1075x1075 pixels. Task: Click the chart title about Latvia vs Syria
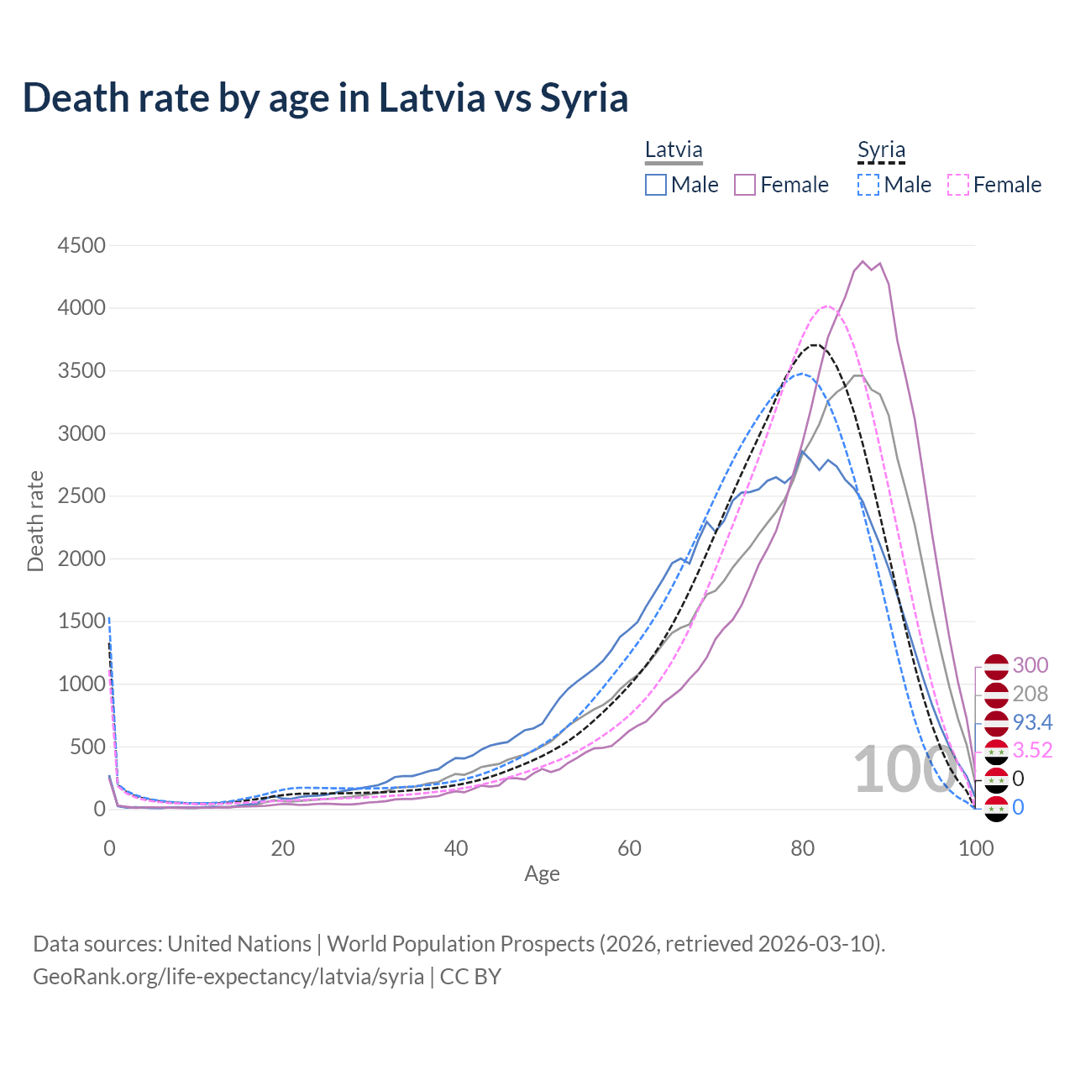[x=325, y=98]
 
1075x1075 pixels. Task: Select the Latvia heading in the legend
[x=674, y=150]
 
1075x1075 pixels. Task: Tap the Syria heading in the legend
[x=881, y=150]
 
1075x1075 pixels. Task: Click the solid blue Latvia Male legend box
[x=656, y=185]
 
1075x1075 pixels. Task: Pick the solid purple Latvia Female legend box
[x=745, y=185]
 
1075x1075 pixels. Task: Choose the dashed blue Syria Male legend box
[x=868, y=185]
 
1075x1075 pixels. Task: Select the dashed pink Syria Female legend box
[x=957, y=185]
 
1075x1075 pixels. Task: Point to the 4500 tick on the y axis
[x=81, y=245]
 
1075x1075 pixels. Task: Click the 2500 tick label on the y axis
[x=81, y=496]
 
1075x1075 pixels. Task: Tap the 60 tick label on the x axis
[x=629, y=848]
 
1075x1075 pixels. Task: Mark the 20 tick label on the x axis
[x=283, y=848]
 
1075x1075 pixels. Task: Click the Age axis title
[x=542, y=874]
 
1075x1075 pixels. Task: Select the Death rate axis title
[x=35, y=522]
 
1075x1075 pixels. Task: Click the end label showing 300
[x=1030, y=665]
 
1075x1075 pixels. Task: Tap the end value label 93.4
[x=1032, y=722]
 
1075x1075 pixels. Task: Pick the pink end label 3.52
[x=1032, y=750]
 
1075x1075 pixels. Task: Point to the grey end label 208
[x=1030, y=694]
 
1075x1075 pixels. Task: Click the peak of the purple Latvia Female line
[x=863, y=261]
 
